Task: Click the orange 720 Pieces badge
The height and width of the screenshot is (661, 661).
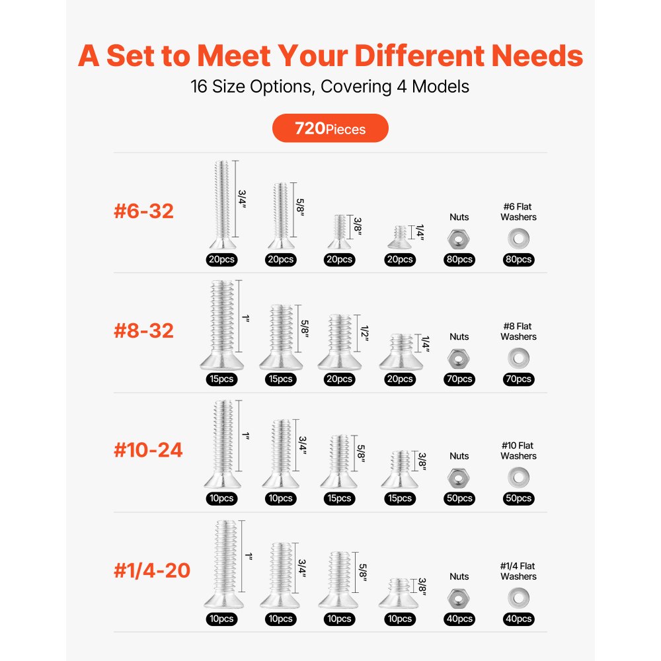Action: coord(330,128)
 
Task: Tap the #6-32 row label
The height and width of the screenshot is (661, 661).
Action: coord(143,212)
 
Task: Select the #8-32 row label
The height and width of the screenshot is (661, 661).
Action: coord(143,330)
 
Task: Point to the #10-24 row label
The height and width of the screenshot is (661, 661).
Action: coord(148,450)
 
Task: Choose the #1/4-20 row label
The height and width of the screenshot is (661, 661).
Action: coord(152,570)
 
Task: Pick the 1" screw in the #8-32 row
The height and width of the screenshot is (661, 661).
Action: coord(221,327)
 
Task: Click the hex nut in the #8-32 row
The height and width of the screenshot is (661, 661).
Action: coord(459,358)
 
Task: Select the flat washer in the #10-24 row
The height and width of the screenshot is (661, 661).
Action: coord(518,477)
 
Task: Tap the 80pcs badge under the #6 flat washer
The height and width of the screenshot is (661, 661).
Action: coord(518,260)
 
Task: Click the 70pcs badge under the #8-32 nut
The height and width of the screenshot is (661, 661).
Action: coord(459,379)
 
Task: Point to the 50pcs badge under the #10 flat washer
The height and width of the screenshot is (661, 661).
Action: coord(518,498)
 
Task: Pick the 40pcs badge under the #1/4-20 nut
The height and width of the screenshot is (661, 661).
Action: coord(459,619)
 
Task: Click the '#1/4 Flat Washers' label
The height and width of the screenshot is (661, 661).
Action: coord(518,571)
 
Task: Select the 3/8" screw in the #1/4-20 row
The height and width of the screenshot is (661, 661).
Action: coord(399,594)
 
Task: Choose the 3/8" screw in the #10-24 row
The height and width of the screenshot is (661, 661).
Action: coord(399,471)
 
